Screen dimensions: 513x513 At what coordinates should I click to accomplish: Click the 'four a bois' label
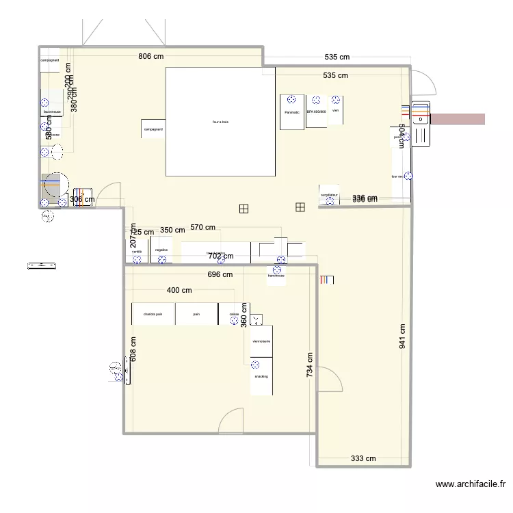pyautogui.click(x=220, y=122)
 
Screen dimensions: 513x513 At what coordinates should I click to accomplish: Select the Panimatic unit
pyautogui.click(x=292, y=111)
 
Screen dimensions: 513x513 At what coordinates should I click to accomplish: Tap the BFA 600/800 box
pyautogui.click(x=317, y=111)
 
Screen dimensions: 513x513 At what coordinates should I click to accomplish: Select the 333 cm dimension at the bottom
pyautogui.click(x=363, y=459)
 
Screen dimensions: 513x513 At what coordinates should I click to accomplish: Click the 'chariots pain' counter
pyautogui.click(x=153, y=314)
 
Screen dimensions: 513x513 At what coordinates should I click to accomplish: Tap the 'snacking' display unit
pyautogui.click(x=261, y=376)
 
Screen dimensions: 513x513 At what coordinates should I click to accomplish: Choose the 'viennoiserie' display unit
pyautogui.click(x=261, y=341)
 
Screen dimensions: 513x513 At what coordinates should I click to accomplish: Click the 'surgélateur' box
pyautogui.click(x=329, y=194)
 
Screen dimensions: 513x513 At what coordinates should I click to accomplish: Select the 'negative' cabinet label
pyautogui.click(x=161, y=250)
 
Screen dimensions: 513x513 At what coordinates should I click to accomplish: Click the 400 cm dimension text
pyautogui.click(x=179, y=290)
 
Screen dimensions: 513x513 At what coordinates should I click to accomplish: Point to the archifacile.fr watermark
pyautogui.click(x=471, y=484)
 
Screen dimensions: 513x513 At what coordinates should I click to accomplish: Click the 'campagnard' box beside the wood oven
pyautogui.click(x=153, y=129)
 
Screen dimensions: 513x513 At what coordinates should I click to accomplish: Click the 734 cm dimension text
pyautogui.click(x=310, y=365)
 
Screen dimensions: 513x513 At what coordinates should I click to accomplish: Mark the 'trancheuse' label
pyautogui.click(x=276, y=276)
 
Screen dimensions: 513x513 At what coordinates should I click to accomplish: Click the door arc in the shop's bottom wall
pyautogui.click(x=233, y=421)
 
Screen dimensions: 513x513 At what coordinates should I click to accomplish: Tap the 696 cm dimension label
pyautogui.click(x=220, y=274)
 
